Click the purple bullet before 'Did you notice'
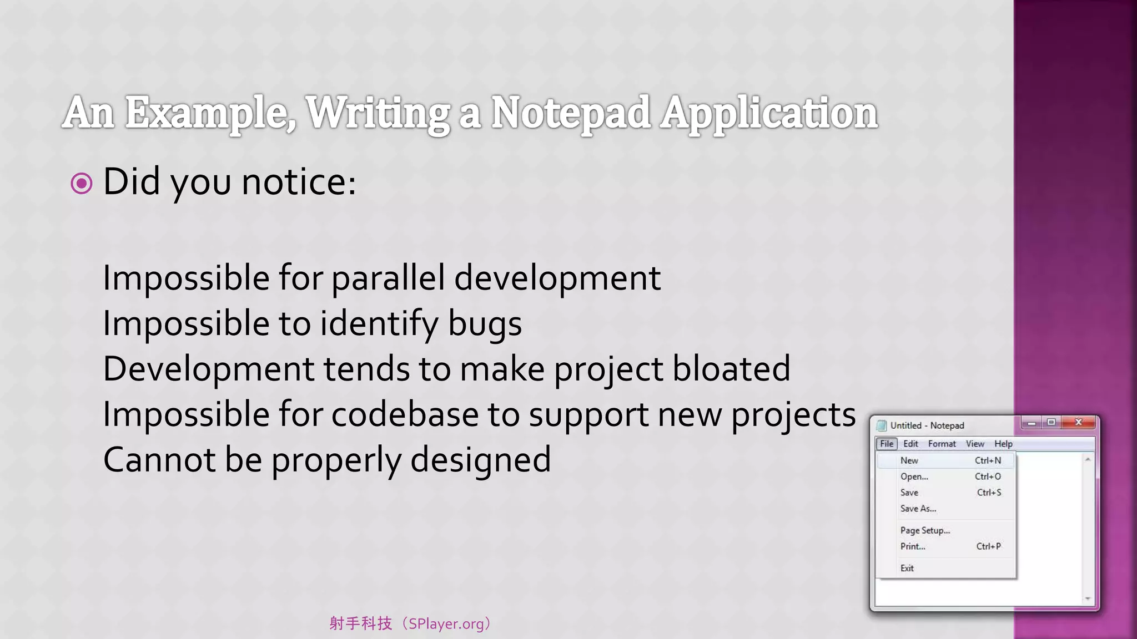[x=82, y=184]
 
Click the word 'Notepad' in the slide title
[x=570, y=113]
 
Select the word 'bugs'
[x=485, y=324]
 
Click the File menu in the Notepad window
[x=887, y=444]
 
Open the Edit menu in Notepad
[x=910, y=444]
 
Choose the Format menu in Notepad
[x=942, y=444]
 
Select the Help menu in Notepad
[x=1003, y=444]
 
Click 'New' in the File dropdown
[x=909, y=460]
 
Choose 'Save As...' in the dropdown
[x=918, y=509]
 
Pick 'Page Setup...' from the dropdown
[x=925, y=530]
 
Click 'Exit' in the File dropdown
[x=907, y=568]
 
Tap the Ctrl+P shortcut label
[x=988, y=546]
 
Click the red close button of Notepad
[x=1078, y=423]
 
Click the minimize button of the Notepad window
[x=1032, y=423]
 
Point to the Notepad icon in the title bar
[x=881, y=425]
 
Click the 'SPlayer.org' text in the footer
[x=446, y=624]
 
